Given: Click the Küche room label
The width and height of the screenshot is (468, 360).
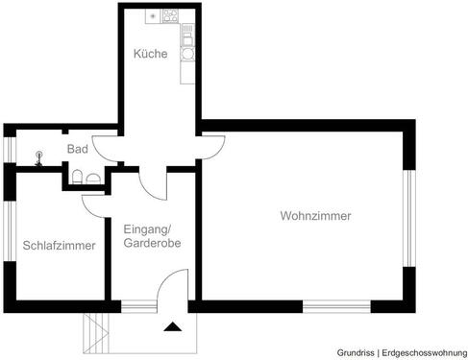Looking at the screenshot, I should click(150, 55).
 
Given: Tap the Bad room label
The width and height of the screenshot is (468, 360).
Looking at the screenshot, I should click(78, 150).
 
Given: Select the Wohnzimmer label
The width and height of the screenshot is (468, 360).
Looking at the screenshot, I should click(315, 216).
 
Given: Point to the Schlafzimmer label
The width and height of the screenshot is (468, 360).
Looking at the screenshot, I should click(59, 246).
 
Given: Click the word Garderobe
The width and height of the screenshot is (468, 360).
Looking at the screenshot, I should click(152, 244).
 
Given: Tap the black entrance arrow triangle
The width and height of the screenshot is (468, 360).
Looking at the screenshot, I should click(173, 326).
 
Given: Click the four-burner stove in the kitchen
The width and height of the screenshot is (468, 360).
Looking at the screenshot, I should click(171, 16).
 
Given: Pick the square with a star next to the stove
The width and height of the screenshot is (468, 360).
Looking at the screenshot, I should click(153, 16).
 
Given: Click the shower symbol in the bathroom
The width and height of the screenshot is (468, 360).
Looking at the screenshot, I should click(37, 158).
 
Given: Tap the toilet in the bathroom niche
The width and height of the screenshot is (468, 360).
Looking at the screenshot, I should click(91, 177).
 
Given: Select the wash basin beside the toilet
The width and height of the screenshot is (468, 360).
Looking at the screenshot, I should click(76, 177).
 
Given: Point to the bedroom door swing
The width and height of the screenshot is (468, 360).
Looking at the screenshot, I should click(93, 202).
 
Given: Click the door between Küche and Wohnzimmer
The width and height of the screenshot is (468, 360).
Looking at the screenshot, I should click(211, 145).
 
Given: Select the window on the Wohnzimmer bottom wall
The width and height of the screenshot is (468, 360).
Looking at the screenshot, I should click(336, 306).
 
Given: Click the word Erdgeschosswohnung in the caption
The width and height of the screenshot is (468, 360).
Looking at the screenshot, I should click(420, 350).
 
